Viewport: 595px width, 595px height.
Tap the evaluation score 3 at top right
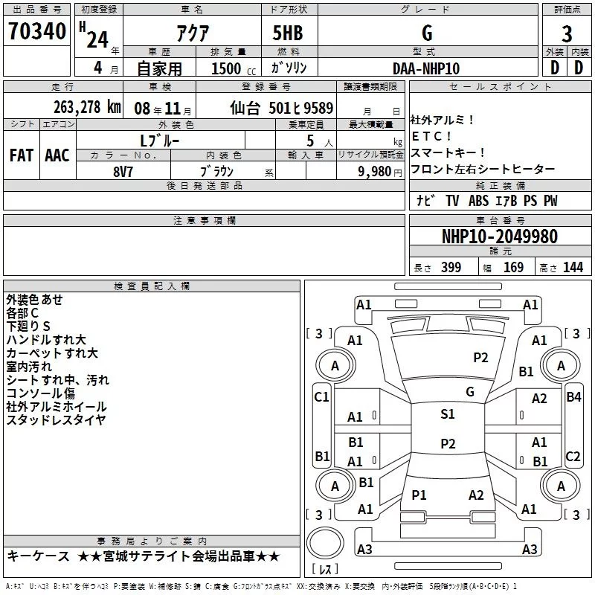pos(567,33)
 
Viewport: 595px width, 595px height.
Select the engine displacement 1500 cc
pos(232,68)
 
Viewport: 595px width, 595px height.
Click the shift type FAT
pos(22,155)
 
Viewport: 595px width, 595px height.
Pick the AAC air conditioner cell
pos(57,155)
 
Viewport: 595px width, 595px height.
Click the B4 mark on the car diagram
pos(573,396)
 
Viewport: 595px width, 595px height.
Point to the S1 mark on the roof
pos(447,414)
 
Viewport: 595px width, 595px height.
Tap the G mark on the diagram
pos(469,391)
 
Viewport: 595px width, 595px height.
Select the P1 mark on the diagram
pos(419,495)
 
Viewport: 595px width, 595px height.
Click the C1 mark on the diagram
pos(321,397)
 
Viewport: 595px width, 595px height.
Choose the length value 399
pos(451,268)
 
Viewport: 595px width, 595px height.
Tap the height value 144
pos(573,268)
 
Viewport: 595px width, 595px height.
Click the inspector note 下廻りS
pos(28,327)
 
